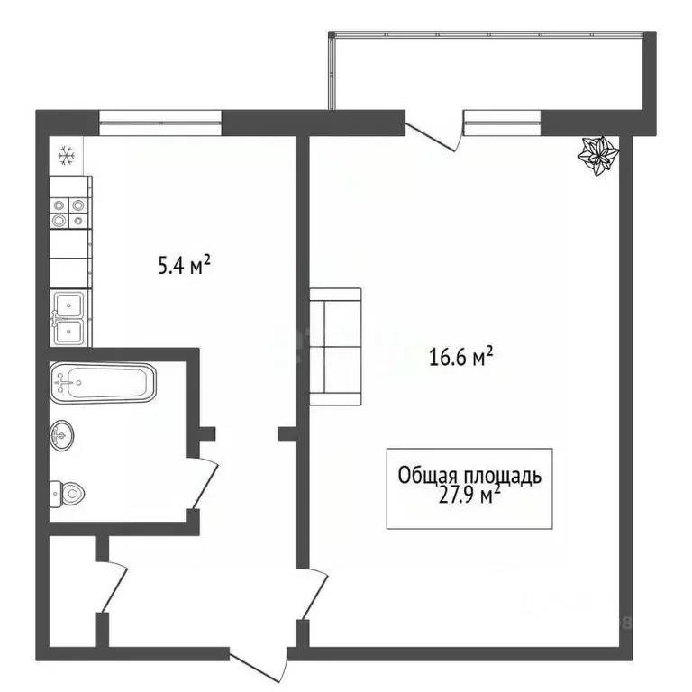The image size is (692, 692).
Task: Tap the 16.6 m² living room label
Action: (x=460, y=358)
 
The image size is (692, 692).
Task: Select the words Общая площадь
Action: (x=469, y=474)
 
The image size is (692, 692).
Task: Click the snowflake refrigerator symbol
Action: (x=66, y=157)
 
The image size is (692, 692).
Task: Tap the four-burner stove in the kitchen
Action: (x=69, y=213)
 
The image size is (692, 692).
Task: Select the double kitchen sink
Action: (x=68, y=318)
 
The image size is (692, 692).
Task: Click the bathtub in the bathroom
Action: (x=102, y=382)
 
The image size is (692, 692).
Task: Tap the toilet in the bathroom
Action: (x=67, y=492)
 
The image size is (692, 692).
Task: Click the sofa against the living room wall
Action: (x=335, y=346)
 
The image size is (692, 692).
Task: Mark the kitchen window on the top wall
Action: (x=159, y=122)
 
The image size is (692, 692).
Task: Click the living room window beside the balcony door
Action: (x=502, y=121)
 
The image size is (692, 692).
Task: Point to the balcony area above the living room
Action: (x=491, y=72)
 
